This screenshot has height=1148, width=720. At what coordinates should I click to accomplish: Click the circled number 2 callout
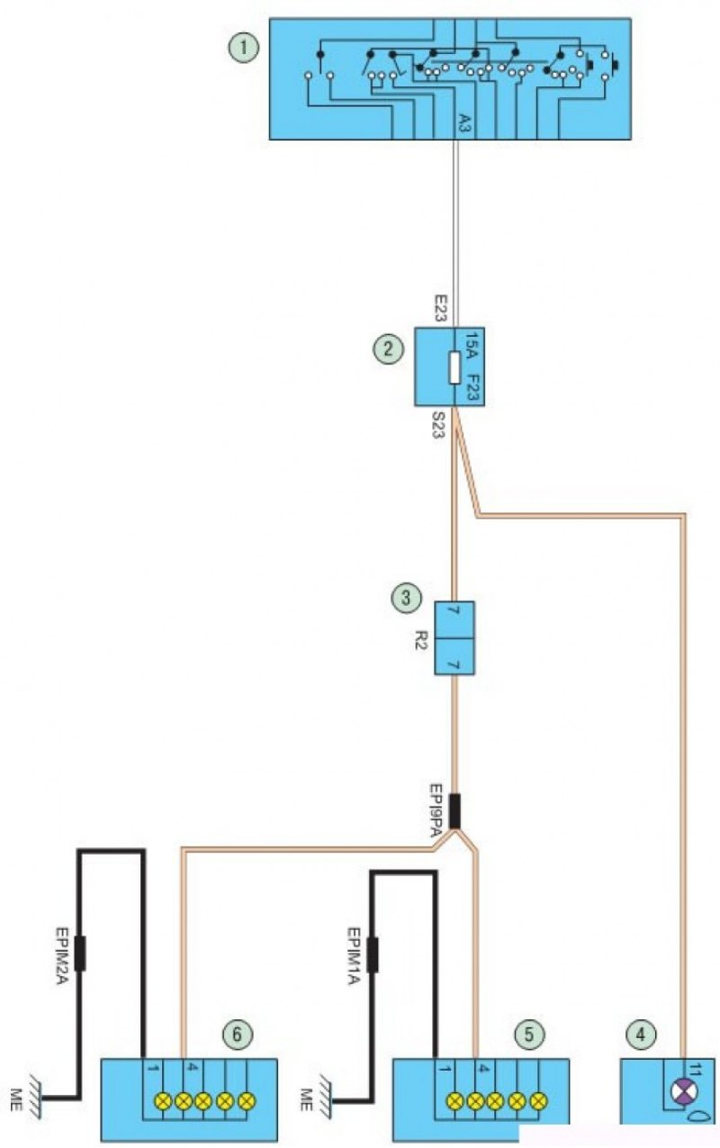point(389,349)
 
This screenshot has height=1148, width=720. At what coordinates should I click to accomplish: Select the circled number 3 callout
point(407,596)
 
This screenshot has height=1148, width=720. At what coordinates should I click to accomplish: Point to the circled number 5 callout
point(530,1035)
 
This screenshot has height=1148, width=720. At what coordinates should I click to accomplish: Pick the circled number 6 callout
point(238,1035)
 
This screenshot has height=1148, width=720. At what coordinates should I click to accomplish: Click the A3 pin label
point(463,124)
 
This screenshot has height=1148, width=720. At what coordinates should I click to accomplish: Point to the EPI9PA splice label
point(434,811)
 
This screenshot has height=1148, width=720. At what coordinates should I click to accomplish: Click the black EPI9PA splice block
point(455,810)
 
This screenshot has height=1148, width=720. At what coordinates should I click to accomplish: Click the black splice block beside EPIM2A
point(80,954)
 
